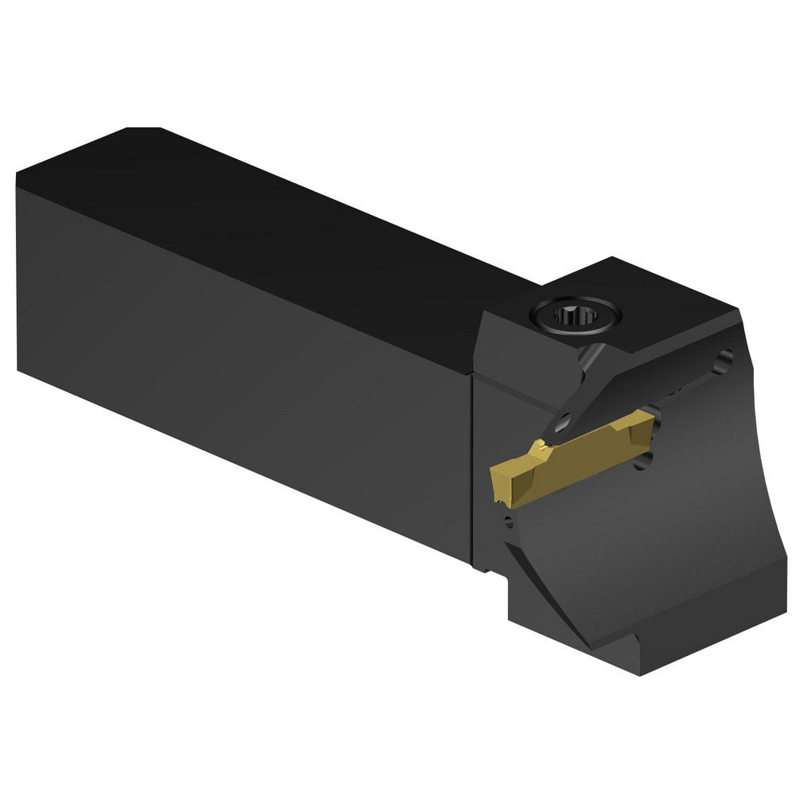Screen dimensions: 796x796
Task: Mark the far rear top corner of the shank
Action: coord(143,130)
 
